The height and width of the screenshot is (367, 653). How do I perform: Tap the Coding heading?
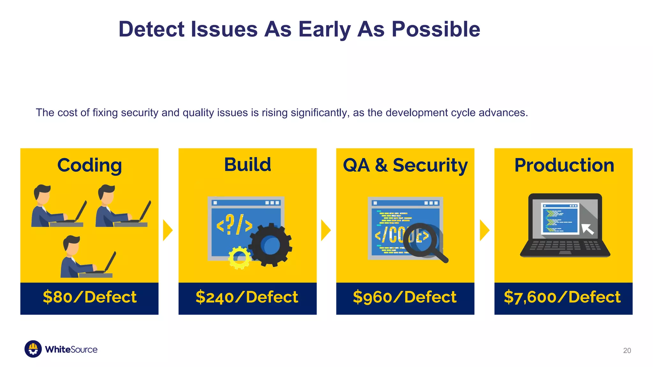tap(89, 165)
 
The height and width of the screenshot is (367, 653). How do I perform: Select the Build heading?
tap(247, 165)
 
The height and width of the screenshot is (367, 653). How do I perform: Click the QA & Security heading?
tap(405, 165)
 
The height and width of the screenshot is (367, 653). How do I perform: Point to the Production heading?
tap(564, 165)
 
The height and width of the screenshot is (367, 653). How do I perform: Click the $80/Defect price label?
tap(89, 297)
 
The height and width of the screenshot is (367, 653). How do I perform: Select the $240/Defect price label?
tap(247, 297)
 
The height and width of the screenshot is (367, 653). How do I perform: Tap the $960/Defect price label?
tap(405, 297)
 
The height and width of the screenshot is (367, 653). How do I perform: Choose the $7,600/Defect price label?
tap(562, 297)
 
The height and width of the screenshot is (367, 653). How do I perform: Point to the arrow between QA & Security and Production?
tap(484, 230)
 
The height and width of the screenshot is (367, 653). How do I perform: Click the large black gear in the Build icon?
tap(270, 245)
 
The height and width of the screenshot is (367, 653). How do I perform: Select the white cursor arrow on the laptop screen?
tap(587, 229)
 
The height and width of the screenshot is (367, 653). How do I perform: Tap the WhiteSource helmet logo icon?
tap(33, 349)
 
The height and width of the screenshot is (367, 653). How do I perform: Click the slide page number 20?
tap(627, 350)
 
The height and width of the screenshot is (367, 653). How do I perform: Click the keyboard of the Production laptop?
tap(565, 245)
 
